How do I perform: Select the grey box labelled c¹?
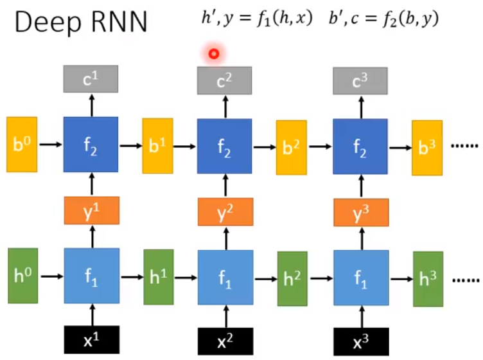pyautogui.click(x=91, y=79)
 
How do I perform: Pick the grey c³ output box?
pyautogui.click(x=360, y=80)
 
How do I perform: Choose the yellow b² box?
pyautogui.click(x=291, y=147)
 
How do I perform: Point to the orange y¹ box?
pyautogui.click(x=91, y=210)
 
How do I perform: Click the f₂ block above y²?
pyautogui.click(x=225, y=147)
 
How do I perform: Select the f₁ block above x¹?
pyautogui.click(x=91, y=276)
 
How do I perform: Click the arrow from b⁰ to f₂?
pyautogui.click(x=50, y=145)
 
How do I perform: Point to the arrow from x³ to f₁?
pyautogui.click(x=360, y=316)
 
